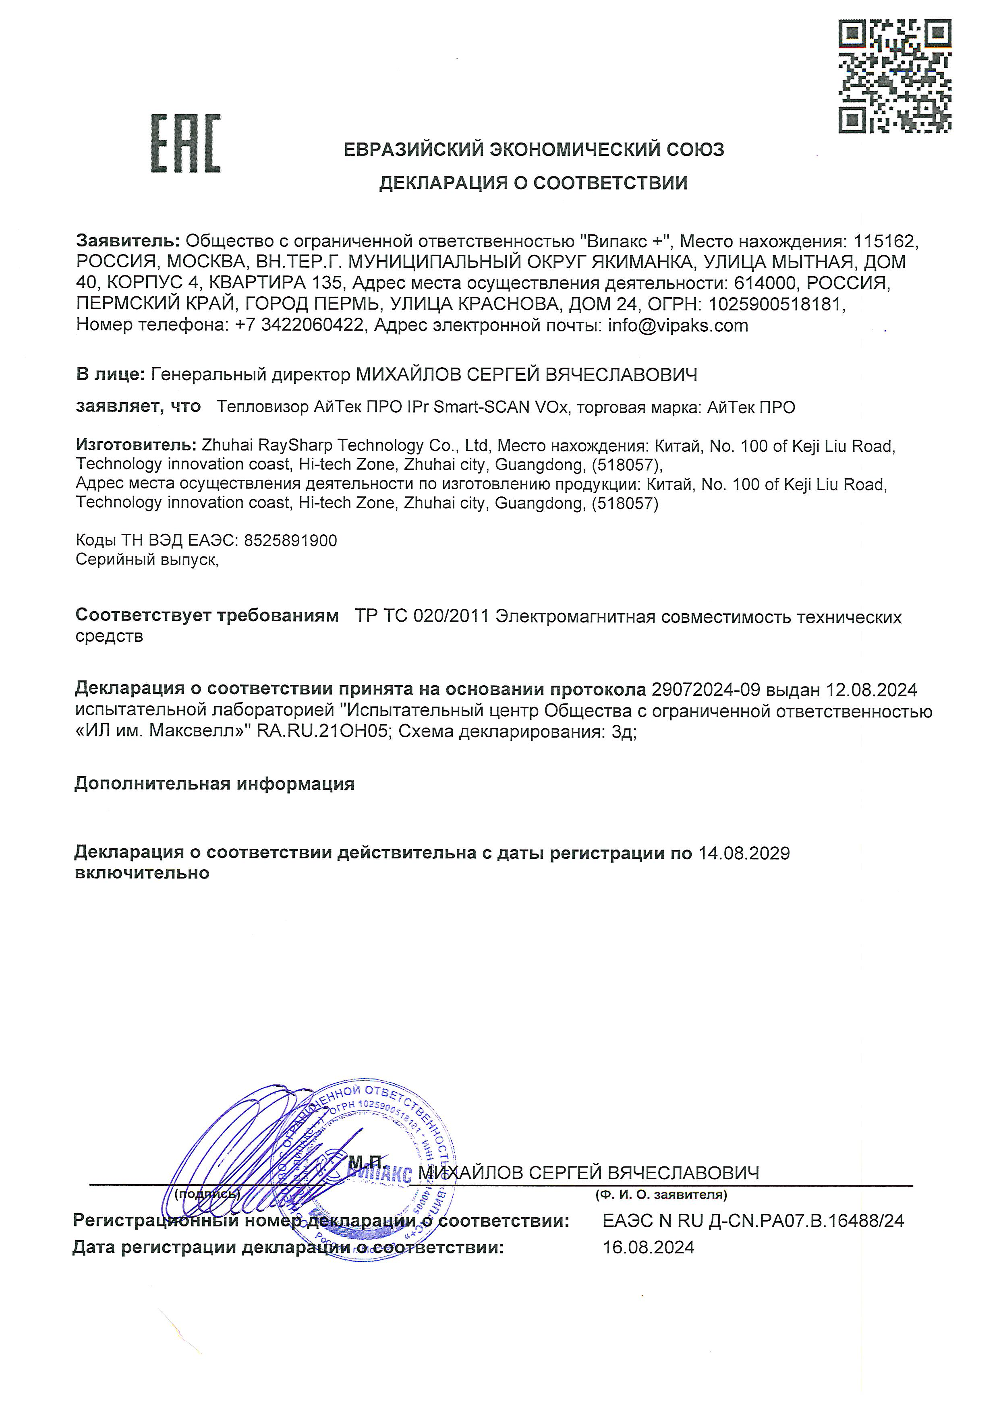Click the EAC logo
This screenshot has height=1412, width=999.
(185, 143)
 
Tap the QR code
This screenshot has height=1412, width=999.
(895, 76)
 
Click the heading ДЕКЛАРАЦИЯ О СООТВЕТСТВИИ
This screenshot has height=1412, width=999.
(533, 183)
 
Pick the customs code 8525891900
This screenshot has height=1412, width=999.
(290, 541)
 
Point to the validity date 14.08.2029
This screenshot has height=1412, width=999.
(744, 853)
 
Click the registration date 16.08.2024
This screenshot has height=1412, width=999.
(649, 1247)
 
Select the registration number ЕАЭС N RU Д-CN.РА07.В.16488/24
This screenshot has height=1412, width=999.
(753, 1221)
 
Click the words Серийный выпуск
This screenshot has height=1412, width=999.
(146, 560)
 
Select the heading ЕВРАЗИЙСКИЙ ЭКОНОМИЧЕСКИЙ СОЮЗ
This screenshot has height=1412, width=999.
(533, 149)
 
